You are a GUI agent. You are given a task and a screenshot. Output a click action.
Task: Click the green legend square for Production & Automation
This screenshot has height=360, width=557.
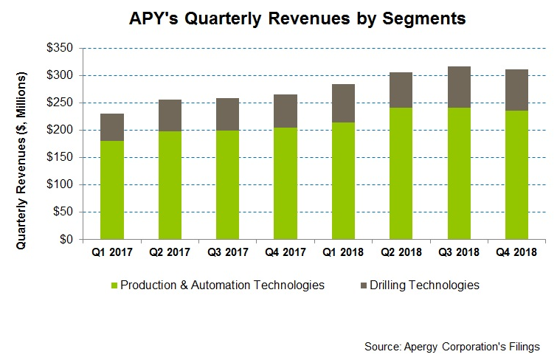[x=114, y=285]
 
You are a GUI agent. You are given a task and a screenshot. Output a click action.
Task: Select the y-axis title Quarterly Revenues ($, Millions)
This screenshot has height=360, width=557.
[x=21, y=161]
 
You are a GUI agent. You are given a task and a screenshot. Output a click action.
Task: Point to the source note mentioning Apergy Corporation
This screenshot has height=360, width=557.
[x=452, y=346]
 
